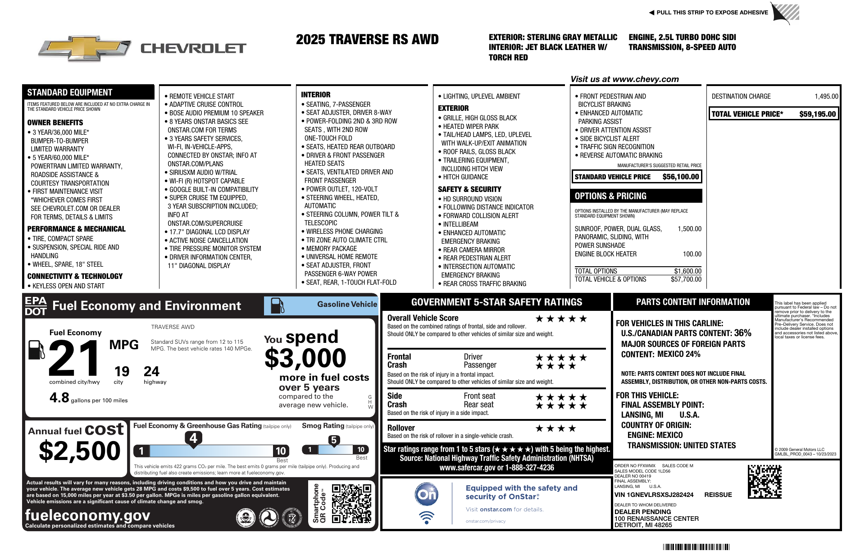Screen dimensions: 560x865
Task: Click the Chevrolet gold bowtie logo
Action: pos(85,48)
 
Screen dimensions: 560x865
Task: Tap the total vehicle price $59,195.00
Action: pos(817,114)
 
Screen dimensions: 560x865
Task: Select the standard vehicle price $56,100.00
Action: pos(680,177)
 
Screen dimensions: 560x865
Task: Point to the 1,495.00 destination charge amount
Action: pos(826,96)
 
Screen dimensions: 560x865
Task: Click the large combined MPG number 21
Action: pos(75,358)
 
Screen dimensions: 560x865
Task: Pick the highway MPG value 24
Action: pos(151,372)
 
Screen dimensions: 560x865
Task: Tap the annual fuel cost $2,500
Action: pos(80,451)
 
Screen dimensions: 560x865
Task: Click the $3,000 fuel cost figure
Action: pos(305,359)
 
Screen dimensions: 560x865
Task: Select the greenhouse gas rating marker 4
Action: pos(193,438)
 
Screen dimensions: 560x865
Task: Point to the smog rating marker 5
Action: pos(334,440)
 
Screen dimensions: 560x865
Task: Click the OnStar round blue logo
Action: pos(426,494)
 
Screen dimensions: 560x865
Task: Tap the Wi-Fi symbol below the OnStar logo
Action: pos(426,517)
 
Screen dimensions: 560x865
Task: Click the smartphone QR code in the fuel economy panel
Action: pos(351,503)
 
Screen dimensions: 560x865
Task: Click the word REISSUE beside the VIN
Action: pos(718,495)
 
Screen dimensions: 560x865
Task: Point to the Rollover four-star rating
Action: pos(555,428)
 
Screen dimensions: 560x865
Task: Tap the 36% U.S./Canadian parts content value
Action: pos(742,333)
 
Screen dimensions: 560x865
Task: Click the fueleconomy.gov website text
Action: pos(87,515)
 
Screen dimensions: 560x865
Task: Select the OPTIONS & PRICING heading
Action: pos(610,196)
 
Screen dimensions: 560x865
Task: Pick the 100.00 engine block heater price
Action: pos(692,254)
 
